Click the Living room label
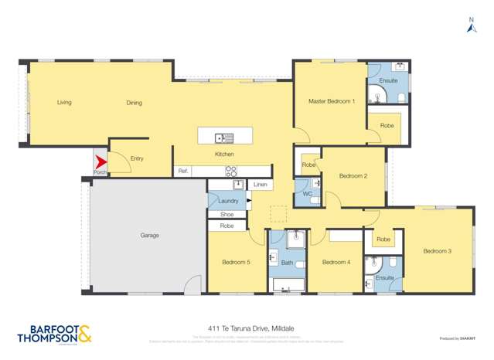point(64,102)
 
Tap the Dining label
point(135,102)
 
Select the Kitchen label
point(224,154)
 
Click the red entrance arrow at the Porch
point(100,162)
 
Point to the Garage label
point(149,235)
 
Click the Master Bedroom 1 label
point(332,101)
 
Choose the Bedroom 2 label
point(353,176)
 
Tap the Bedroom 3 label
point(437,251)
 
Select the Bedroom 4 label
point(336,263)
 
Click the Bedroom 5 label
point(236,263)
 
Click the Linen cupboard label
point(261,185)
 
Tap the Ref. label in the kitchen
point(183,171)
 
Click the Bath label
point(287,263)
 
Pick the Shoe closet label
point(227,214)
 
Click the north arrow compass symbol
point(472,28)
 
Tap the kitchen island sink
point(225,138)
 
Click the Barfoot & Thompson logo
point(54,334)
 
